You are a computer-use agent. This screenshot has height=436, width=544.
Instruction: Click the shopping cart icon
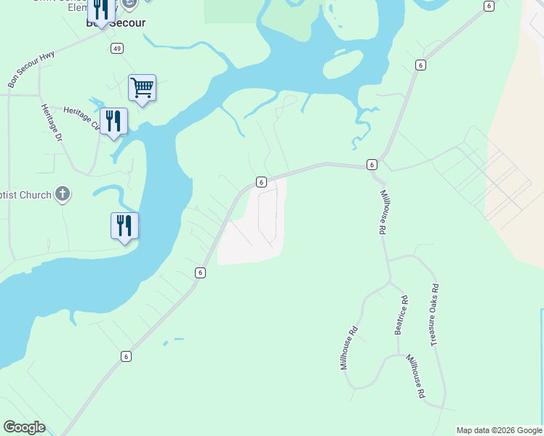pos(143,88)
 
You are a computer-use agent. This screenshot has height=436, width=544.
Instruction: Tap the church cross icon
pos(63,194)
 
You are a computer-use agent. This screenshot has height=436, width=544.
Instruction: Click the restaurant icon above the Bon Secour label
pos(101,9)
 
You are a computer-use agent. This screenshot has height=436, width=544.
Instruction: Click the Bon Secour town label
pos(116,23)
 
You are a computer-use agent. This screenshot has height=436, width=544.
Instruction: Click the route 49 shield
pos(117,48)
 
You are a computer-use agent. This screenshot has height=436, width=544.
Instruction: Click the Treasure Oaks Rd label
pos(434,314)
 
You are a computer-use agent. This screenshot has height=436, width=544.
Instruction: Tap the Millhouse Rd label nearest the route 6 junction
pos(383,212)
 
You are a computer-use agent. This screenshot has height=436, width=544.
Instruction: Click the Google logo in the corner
pos(24,427)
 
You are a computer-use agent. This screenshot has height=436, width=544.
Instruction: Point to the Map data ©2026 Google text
pos(499,430)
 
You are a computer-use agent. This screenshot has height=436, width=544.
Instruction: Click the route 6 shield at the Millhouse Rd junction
pos(372,165)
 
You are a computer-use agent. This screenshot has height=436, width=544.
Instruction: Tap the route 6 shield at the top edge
pos(489,6)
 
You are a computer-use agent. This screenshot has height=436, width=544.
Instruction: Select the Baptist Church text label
pos(25,195)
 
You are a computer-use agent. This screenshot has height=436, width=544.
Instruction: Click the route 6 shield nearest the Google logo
pos(126,356)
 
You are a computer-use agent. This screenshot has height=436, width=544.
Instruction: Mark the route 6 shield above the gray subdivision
pos(261,182)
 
